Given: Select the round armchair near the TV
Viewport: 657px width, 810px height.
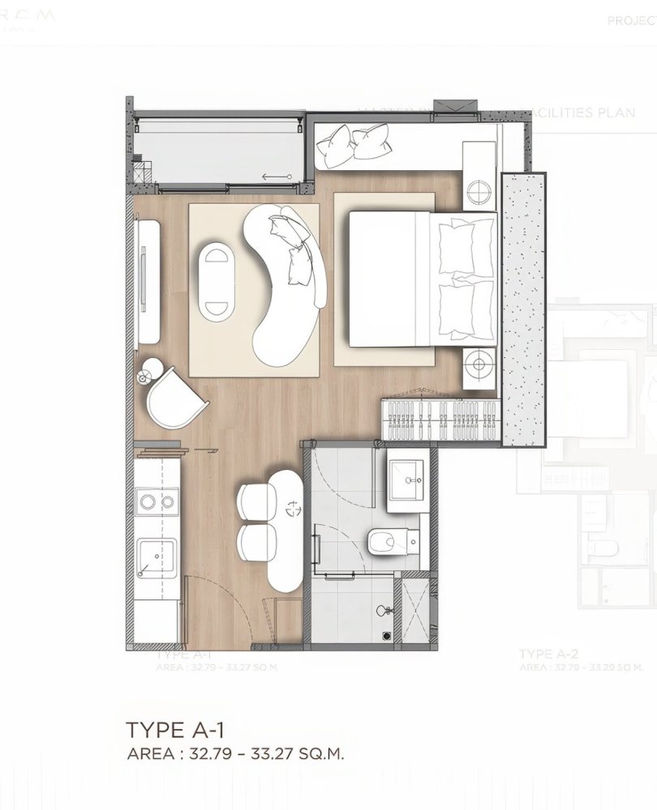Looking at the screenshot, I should point(173,399).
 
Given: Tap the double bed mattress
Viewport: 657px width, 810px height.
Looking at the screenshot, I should point(389,279).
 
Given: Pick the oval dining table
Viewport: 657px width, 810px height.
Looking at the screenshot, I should point(285,529).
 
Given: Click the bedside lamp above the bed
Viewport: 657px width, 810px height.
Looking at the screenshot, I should point(479,191).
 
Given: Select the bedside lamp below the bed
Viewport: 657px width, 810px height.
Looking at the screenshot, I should point(479,364).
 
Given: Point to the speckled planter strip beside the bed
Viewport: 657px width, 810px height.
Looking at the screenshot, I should point(523,308).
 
